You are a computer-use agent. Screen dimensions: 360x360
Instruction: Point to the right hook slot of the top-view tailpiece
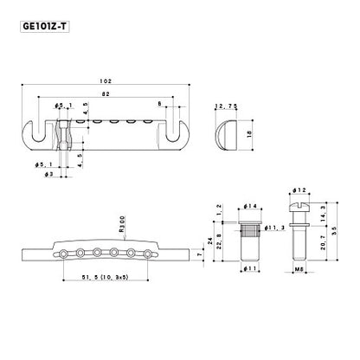click(x=182, y=126)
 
